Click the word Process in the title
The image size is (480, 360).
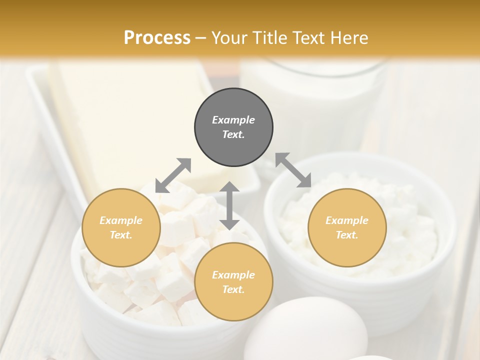tap(157, 38)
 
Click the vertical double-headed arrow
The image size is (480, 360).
tap(229, 205)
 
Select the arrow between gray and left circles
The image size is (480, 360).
tap(173, 175)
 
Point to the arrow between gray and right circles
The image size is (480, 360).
tap(293, 170)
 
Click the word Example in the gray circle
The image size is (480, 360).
tap(233, 120)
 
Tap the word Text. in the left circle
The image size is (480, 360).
tap(121, 235)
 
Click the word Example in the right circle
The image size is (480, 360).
tap(347, 220)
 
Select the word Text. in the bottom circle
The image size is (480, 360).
tap(233, 289)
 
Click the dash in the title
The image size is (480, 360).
tap(201, 38)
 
